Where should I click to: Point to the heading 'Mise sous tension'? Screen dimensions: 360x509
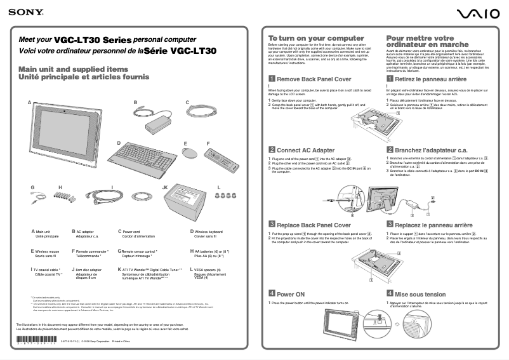420,295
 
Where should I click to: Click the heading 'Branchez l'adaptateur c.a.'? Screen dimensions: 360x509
431,150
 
